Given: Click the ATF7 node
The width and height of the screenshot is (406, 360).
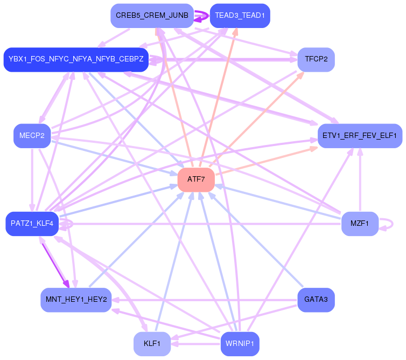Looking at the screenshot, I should (x=196, y=179).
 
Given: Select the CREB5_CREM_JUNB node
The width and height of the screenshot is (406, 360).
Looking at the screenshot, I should (x=152, y=16).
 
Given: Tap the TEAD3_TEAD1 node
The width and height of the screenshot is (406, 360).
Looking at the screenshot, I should (x=240, y=16).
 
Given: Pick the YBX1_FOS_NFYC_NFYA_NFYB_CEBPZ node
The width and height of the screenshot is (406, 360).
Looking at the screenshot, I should (x=76, y=59).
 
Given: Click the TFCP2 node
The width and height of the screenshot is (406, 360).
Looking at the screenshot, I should (x=316, y=59).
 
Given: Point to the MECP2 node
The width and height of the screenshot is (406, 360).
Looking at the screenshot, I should (x=32, y=135).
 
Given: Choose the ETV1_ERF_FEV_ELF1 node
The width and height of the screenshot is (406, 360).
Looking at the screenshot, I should (x=360, y=135).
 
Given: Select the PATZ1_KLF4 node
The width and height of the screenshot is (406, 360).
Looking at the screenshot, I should (x=32, y=224).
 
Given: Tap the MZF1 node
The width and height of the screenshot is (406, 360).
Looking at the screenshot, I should (x=360, y=224).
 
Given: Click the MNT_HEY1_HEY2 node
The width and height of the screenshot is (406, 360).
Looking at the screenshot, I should (x=76, y=300).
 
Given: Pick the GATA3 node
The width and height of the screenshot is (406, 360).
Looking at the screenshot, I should (x=316, y=300).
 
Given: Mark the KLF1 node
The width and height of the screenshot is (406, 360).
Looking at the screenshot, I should (x=152, y=343).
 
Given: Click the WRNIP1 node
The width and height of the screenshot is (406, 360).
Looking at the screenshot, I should (x=240, y=343).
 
